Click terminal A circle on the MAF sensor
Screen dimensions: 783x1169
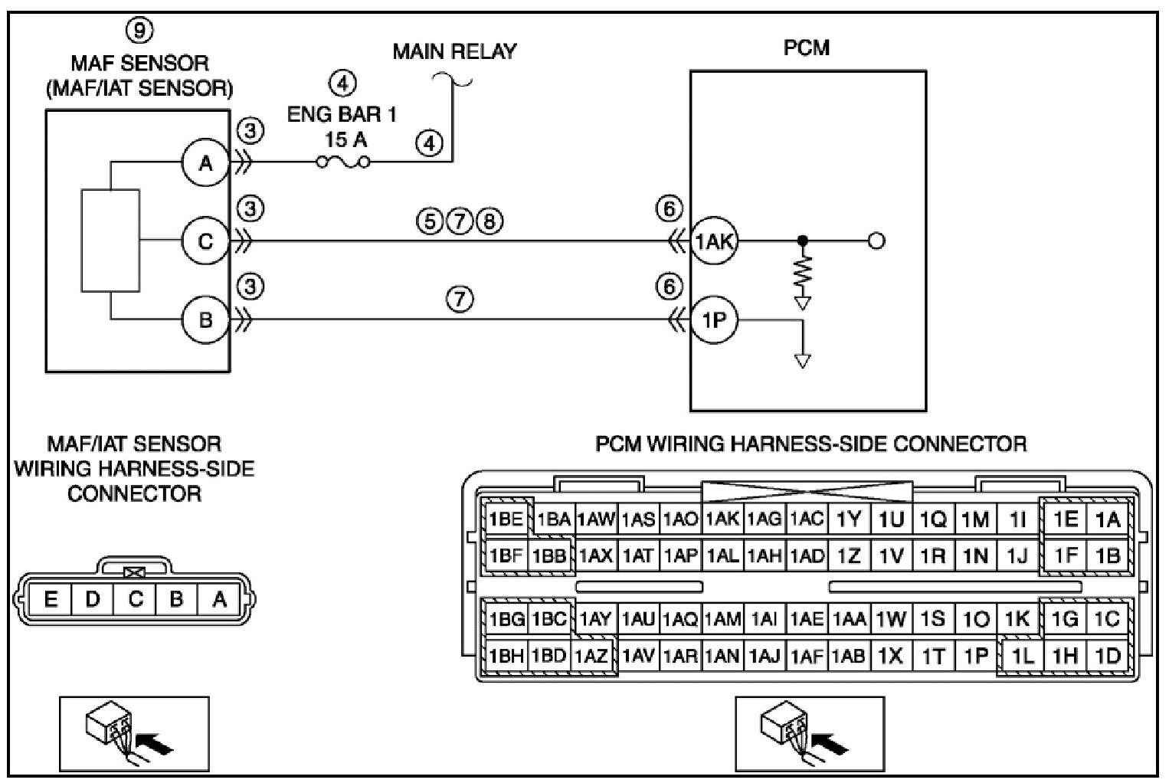(205, 162)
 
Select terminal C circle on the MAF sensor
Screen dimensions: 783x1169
(205, 241)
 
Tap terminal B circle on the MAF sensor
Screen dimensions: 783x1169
(205, 319)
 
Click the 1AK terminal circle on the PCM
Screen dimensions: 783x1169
(714, 241)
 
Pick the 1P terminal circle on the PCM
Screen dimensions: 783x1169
(714, 319)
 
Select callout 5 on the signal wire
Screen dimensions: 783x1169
(430, 221)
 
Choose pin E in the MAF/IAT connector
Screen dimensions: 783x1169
(50, 599)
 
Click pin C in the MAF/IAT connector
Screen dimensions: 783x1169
(136, 599)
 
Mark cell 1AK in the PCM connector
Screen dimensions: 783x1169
(722, 519)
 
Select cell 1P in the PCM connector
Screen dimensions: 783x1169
(975, 656)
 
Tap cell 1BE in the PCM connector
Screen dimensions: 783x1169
(506, 519)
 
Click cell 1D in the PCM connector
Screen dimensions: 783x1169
(1108, 656)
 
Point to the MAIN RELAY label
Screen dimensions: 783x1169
(454, 51)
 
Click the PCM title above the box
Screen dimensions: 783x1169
(806, 48)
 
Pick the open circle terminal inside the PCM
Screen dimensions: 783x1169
(876, 241)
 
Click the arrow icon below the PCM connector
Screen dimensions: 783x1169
(809, 733)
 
